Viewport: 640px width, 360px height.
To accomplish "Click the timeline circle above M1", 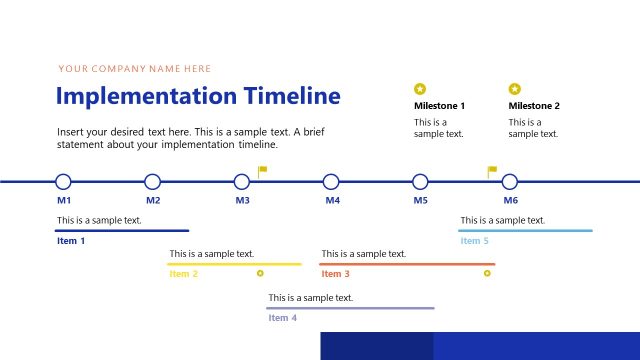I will point(63,182).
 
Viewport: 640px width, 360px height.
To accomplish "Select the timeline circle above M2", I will point(152,182).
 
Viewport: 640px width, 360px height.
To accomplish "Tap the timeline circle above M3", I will point(242,182).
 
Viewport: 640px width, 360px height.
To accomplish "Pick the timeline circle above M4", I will point(331,182).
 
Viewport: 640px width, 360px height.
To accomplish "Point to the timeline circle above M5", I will point(420,182).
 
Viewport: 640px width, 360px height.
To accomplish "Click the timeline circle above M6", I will point(510,182).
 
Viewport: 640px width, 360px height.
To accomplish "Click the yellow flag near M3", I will point(263,170).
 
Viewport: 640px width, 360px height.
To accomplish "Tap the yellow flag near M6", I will point(492,170).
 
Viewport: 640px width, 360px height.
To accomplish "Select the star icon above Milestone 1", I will point(420,88).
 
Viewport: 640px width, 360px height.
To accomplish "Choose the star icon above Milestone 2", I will point(515,88).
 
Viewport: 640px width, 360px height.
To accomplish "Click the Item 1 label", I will point(71,241).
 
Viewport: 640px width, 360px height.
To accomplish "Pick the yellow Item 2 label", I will point(184,274).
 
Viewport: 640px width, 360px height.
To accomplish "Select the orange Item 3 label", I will point(335,274).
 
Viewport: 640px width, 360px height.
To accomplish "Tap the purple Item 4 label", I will point(283,318).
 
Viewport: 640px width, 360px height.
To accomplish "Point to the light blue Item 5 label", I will point(475,241).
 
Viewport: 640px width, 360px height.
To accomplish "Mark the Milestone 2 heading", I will point(534,106).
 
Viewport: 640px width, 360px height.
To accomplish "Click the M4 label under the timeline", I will point(332,201).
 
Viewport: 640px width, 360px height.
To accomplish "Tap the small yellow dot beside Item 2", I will point(260,272).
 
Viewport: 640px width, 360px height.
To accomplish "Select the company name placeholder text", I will point(135,69).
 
